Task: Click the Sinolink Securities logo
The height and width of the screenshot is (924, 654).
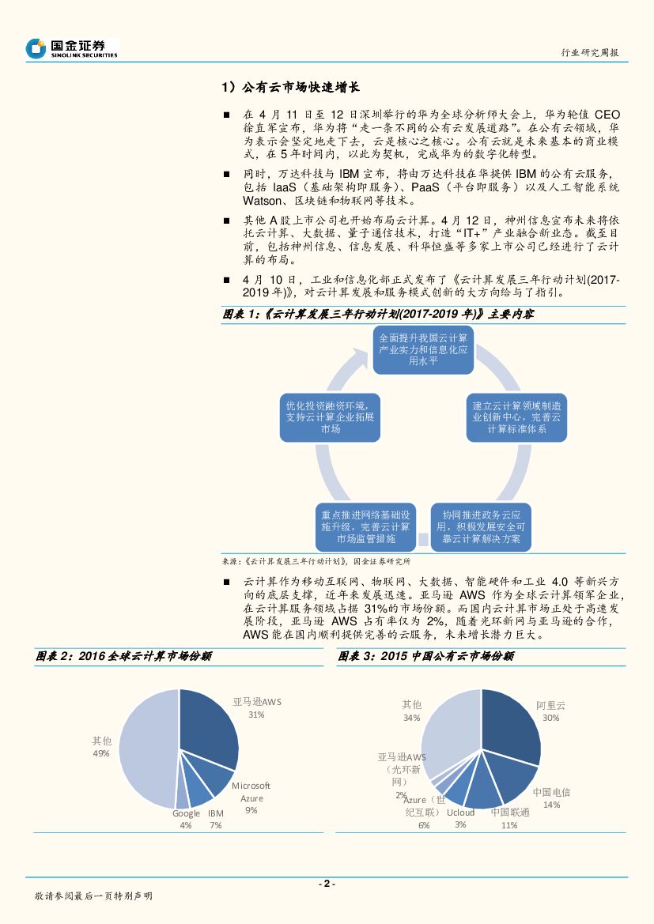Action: click(71, 49)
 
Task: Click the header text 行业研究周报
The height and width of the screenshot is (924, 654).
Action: click(589, 52)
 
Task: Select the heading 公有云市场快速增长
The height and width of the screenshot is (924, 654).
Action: click(291, 88)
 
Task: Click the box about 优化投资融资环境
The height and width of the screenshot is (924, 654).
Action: click(331, 417)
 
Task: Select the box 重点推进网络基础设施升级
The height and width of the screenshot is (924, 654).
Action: click(365, 527)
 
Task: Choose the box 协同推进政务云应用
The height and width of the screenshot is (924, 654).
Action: click(481, 527)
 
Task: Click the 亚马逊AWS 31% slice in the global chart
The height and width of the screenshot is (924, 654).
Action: click(207, 727)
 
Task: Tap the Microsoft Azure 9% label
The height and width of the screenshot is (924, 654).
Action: click(251, 798)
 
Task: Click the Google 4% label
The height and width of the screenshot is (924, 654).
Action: click(186, 819)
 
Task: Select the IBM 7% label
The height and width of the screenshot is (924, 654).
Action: click(216, 819)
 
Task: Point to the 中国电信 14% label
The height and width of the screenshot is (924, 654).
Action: click(551, 798)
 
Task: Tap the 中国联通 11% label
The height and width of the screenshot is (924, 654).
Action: click(509, 818)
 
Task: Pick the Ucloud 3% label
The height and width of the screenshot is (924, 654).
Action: click(460, 818)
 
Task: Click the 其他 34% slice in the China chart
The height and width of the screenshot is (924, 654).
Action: click(451, 731)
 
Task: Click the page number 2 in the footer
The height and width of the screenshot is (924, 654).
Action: click(327, 884)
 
